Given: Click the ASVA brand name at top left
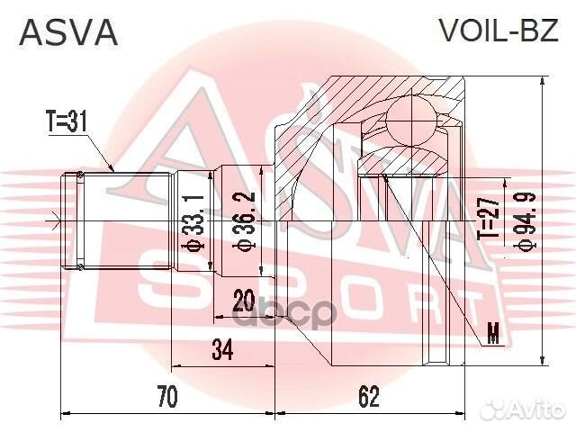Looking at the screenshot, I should pyautogui.click(x=68, y=32).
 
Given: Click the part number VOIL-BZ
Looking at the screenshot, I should pyautogui.click(x=497, y=32).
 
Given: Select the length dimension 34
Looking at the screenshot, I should pyautogui.click(x=221, y=350).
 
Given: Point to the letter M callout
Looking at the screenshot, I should pyautogui.click(x=492, y=337).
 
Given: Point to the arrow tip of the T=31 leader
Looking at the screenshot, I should pyautogui.click(x=112, y=171).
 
